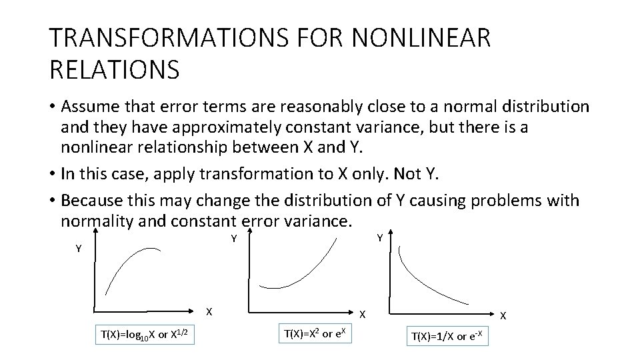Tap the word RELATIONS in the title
tap(114, 69)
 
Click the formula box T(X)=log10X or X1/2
tap(145, 333)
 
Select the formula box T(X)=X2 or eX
tap(318, 333)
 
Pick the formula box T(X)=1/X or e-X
tap(449, 336)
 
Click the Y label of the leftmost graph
tap(79, 248)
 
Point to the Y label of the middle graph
tap(234, 238)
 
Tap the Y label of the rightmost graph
tap(379, 237)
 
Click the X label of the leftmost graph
tap(209, 311)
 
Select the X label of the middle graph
tap(363, 313)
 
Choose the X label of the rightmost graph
tap(503, 315)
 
